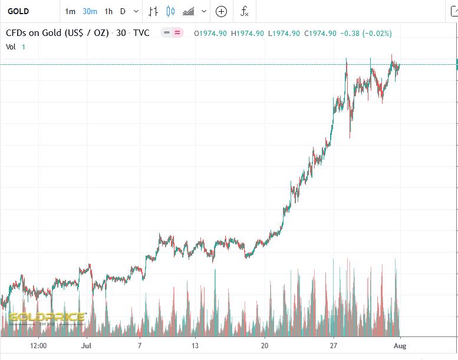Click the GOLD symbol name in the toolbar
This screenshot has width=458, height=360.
coord(18,11)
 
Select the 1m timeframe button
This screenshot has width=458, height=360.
coord(70,11)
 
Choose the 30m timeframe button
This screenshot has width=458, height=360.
coord(90,11)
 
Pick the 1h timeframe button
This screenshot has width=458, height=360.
coord(108,11)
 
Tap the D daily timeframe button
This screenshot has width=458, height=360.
coord(123,11)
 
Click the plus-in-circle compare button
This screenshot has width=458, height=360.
coord(221,11)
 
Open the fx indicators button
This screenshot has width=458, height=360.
coord(244,11)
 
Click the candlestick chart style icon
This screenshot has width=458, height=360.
coord(171,11)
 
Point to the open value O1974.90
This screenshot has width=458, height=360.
coord(210,33)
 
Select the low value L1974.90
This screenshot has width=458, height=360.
coord(284,33)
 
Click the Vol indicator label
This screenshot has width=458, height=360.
coord(12,47)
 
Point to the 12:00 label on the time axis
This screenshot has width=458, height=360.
coord(38,346)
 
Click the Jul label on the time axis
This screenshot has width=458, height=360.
coord(86,346)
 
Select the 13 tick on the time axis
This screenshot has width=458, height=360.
coord(195,346)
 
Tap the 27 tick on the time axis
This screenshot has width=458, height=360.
coord(334,346)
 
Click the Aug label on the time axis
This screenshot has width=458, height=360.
coord(400,346)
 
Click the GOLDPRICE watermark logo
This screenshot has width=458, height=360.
coord(47,317)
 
